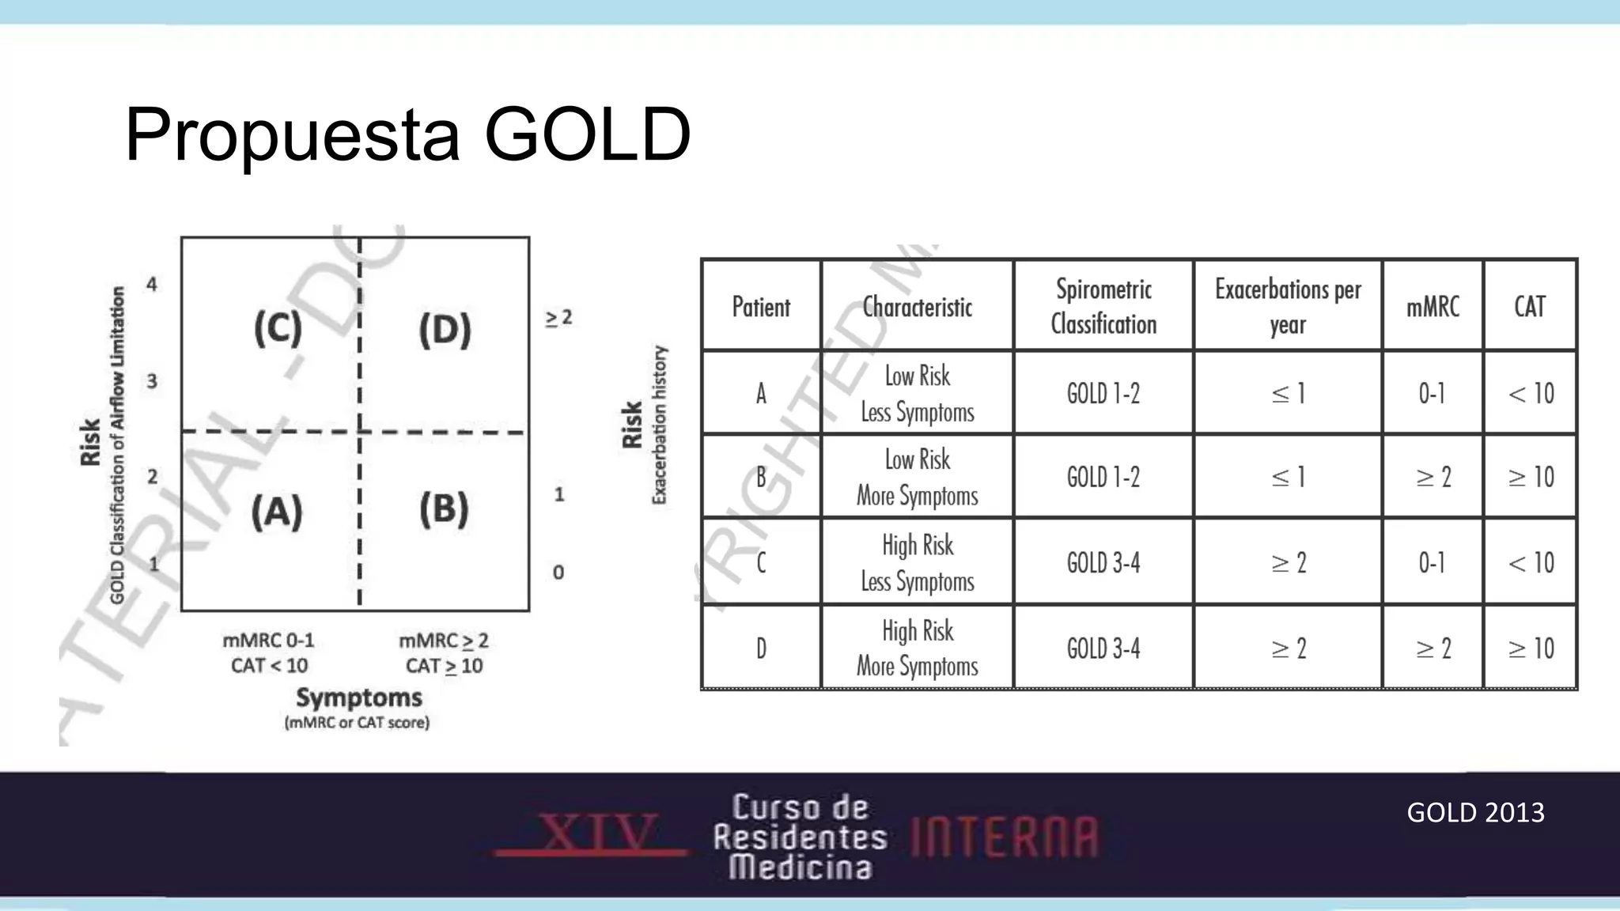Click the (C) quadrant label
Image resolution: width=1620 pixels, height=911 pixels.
[278, 327]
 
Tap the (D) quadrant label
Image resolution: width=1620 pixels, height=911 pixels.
[445, 329]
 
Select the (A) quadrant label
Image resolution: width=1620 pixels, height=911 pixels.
[277, 511]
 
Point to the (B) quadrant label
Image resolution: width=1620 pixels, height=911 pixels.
[444, 508]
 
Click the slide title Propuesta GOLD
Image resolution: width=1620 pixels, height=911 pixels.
[407, 134]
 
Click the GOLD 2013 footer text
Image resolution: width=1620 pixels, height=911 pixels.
[1475, 812]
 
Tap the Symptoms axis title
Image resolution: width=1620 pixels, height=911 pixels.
[358, 697]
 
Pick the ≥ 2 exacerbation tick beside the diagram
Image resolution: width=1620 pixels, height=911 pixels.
[558, 318]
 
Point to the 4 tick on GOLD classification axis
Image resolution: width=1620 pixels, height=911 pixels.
[152, 283]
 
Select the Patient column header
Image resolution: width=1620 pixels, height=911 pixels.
[761, 307]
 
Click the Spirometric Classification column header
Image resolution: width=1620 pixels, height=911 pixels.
[1103, 307]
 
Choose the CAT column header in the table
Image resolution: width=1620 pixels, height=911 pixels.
[1530, 307]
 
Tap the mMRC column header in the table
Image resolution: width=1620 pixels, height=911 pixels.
[1433, 307]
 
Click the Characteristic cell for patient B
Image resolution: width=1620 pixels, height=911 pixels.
[918, 477]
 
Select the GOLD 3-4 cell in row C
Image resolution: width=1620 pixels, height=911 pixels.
[1103, 562]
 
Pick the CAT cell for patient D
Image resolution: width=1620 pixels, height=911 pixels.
[1531, 648]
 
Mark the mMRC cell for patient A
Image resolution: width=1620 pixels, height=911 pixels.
[1432, 393]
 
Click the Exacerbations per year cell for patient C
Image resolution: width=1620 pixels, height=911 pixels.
[1289, 562]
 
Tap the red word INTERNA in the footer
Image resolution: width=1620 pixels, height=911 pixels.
[1005, 837]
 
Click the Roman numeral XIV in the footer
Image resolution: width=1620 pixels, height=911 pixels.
[599, 832]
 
